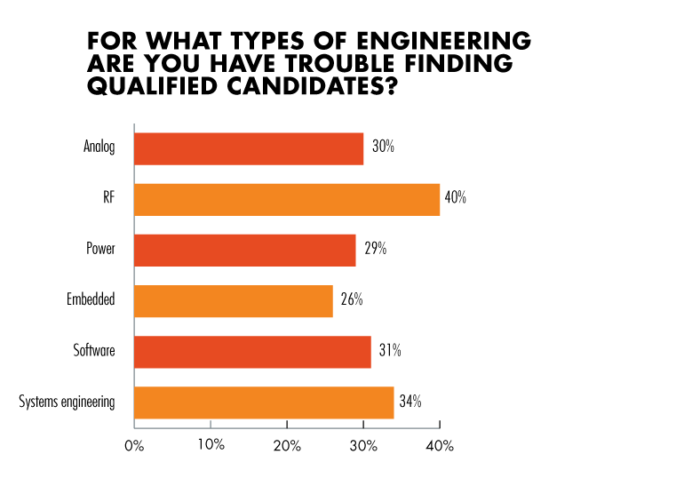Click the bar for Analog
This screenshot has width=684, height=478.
pos(249,148)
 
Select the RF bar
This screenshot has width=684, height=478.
pos(287,199)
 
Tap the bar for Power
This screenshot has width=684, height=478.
pos(244,250)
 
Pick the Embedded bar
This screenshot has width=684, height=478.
pos(234,300)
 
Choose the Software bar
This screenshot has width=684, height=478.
pos(252,351)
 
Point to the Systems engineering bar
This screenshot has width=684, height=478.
pos(264,402)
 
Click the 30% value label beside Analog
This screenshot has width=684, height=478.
pos(384,147)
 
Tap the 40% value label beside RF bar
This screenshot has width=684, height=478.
pos(456,198)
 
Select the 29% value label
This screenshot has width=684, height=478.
pos(375,249)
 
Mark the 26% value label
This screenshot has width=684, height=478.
pos(352,299)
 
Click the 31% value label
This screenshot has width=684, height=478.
pos(390,350)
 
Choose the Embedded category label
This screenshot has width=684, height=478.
pos(91,300)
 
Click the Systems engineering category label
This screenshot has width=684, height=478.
pos(67,402)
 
